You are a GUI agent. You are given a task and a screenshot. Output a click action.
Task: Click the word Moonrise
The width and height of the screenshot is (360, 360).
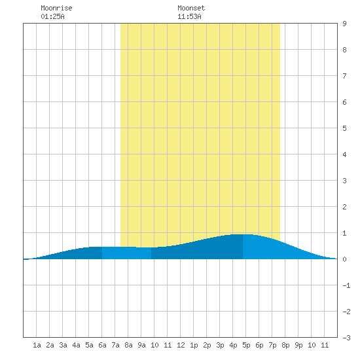point(56,8)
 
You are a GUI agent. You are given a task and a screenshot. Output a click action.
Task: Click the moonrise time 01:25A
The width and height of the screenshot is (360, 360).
point(52,16)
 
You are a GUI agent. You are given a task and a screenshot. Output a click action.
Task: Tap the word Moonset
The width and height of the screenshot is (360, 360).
point(191,8)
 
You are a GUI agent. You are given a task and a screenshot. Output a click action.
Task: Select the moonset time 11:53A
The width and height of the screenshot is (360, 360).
point(189,16)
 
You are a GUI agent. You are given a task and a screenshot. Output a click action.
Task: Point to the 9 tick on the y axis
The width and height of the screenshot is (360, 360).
point(344,24)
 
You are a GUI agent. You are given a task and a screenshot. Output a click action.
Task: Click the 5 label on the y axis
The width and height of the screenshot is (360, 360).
point(344,128)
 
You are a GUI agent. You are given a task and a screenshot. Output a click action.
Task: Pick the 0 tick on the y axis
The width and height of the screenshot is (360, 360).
point(344,259)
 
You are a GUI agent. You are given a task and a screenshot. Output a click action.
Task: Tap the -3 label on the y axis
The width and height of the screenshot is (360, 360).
point(346,338)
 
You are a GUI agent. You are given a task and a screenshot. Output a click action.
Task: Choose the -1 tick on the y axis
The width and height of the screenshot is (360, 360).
point(346,285)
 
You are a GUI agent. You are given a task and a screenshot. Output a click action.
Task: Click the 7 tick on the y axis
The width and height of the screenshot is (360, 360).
point(344,76)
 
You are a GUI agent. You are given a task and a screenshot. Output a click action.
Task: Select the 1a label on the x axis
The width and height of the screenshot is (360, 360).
point(37,345)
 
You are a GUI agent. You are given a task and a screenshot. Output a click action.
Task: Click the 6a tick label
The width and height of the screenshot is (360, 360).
point(102,345)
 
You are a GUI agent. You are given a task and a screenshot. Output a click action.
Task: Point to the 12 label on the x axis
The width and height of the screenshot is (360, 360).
point(181,345)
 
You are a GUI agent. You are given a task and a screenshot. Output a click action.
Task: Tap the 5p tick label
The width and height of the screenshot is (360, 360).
point(246,345)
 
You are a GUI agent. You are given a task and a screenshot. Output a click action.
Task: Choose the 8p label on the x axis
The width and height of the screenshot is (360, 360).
point(285,345)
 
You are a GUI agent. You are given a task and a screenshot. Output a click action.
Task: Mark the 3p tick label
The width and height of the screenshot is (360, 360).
point(220,345)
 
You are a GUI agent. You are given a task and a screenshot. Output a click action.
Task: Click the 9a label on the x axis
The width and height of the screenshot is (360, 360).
point(141,345)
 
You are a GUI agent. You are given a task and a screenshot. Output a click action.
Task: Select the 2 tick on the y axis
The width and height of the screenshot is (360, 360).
point(344,207)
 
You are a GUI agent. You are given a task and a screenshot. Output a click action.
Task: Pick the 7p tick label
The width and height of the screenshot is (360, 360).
point(272,345)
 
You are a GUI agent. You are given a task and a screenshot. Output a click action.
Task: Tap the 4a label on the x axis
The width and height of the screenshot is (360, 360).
point(76,345)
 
